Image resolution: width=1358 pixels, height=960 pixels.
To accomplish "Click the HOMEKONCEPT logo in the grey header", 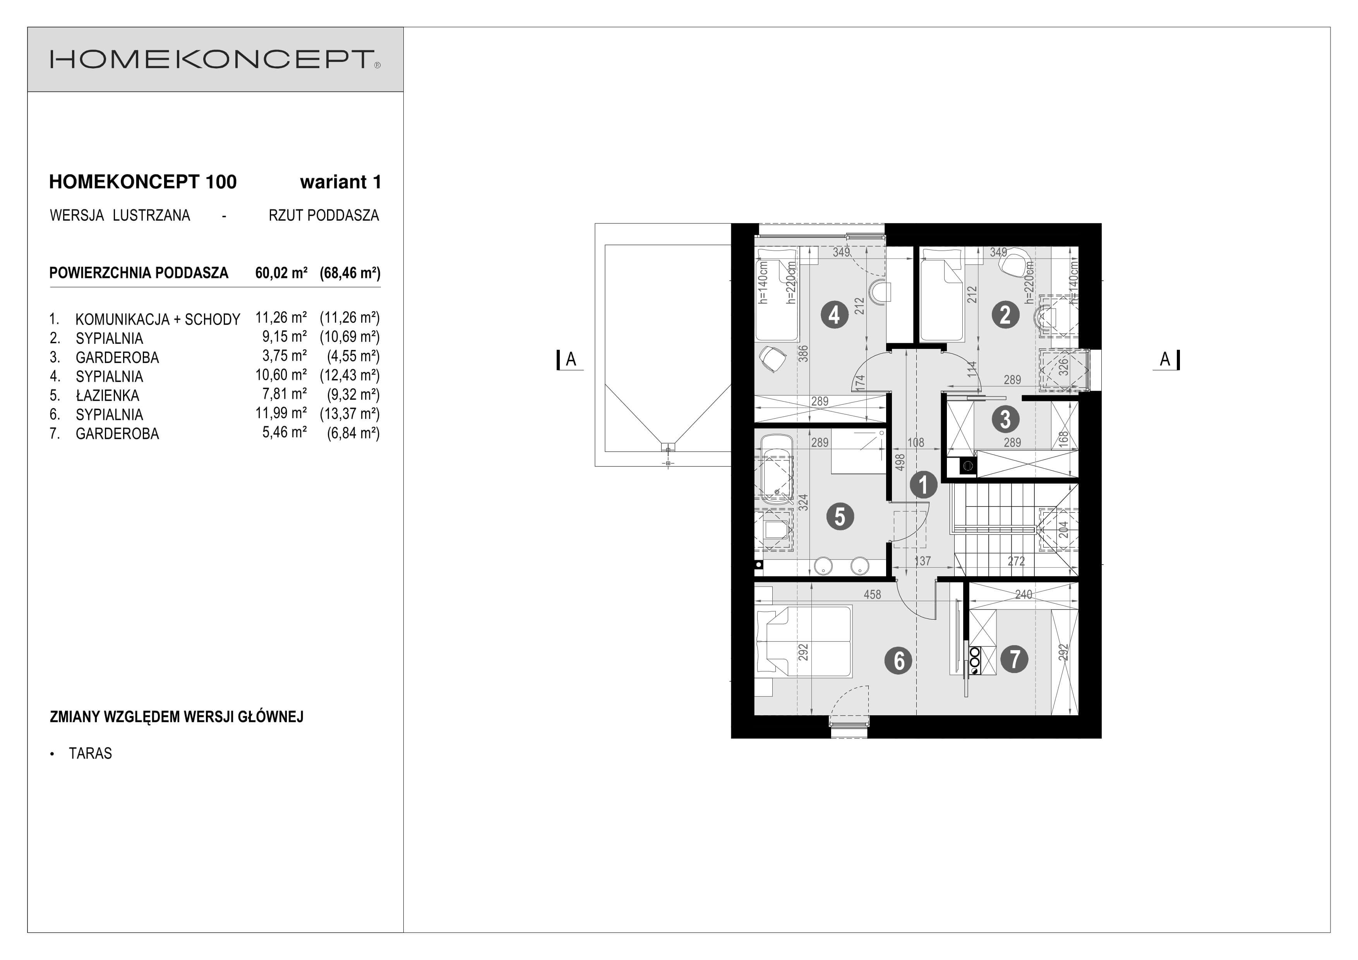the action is pyautogui.click(x=215, y=59).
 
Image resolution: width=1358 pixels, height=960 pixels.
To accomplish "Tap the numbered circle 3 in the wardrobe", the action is pyautogui.click(x=1005, y=419).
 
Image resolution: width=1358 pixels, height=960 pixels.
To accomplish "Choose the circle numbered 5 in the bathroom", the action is pyautogui.click(x=840, y=516).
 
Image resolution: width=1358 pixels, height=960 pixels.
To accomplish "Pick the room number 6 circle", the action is pyautogui.click(x=898, y=660).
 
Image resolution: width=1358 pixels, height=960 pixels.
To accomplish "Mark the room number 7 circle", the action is pyautogui.click(x=1014, y=659).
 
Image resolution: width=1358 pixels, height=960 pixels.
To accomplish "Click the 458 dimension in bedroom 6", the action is pyautogui.click(x=873, y=594).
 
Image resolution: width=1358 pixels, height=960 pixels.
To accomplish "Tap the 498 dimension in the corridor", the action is pyautogui.click(x=900, y=462).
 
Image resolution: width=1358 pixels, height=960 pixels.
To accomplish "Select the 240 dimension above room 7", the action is pyautogui.click(x=1023, y=594).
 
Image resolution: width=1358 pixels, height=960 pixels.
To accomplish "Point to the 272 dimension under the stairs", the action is pyautogui.click(x=1016, y=561).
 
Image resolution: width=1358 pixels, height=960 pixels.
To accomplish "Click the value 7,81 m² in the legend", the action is pyautogui.click(x=285, y=394).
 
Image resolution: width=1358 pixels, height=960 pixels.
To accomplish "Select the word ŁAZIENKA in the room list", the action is pyautogui.click(x=108, y=396).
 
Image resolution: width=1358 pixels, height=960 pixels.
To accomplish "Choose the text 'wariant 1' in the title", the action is pyautogui.click(x=341, y=182).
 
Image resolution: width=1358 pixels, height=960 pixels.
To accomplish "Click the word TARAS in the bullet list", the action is pyautogui.click(x=91, y=754).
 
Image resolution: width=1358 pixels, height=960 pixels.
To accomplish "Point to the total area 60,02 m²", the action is pyautogui.click(x=281, y=273).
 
